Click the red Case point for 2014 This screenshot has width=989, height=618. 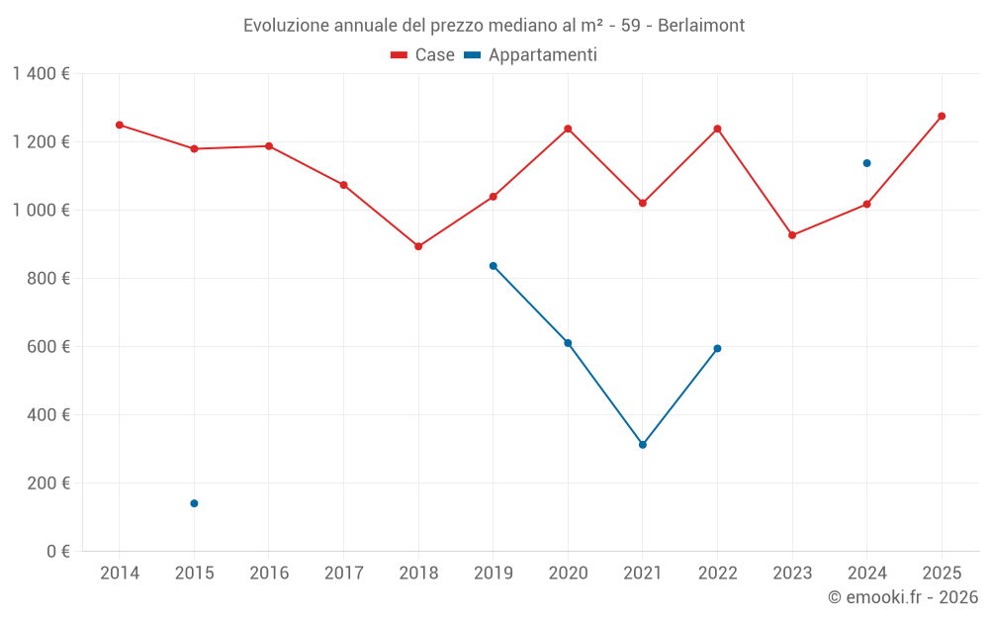click(x=120, y=125)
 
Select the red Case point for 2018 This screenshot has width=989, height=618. click(x=418, y=246)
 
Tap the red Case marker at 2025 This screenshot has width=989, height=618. click(x=942, y=116)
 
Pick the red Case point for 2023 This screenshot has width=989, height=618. click(x=792, y=235)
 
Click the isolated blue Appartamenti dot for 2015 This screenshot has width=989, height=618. click(x=194, y=503)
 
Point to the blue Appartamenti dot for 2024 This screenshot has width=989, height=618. click(x=866, y=163)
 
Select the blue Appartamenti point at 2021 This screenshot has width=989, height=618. click(x=643, y=445)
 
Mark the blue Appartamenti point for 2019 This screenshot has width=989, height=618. click(x=494, y=266)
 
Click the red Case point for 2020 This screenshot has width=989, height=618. click(x=568, y=129)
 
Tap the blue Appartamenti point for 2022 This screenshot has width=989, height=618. click(x=717, y=348)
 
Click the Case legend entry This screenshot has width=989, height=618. click(x=423, y=55)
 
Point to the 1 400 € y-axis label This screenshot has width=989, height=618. click(x=42, y=74)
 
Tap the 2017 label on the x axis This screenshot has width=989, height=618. click(x=343, y=574)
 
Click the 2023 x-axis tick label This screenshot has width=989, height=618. click(x=792, y=574)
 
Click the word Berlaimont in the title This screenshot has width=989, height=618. click(x=698, y=26)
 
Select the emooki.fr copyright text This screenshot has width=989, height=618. click(x=902, y=597)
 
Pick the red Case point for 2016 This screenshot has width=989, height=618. click(x=269, y=146)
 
